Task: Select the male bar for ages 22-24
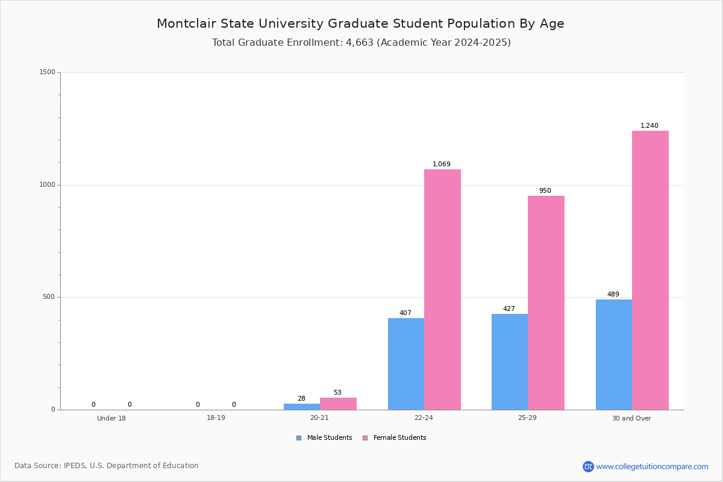405,364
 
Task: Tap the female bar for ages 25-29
546,302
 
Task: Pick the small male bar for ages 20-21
302,407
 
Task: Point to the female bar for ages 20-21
338,404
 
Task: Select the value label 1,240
649,126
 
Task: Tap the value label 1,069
441,164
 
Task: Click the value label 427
509,309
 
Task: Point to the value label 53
337,393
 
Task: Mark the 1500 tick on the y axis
47,72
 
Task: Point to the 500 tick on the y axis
49,297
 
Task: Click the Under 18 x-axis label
111,418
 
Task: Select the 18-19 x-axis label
216,418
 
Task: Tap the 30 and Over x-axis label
631,418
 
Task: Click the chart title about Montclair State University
360,23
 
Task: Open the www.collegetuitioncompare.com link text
652,466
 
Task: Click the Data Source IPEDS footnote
107,466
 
